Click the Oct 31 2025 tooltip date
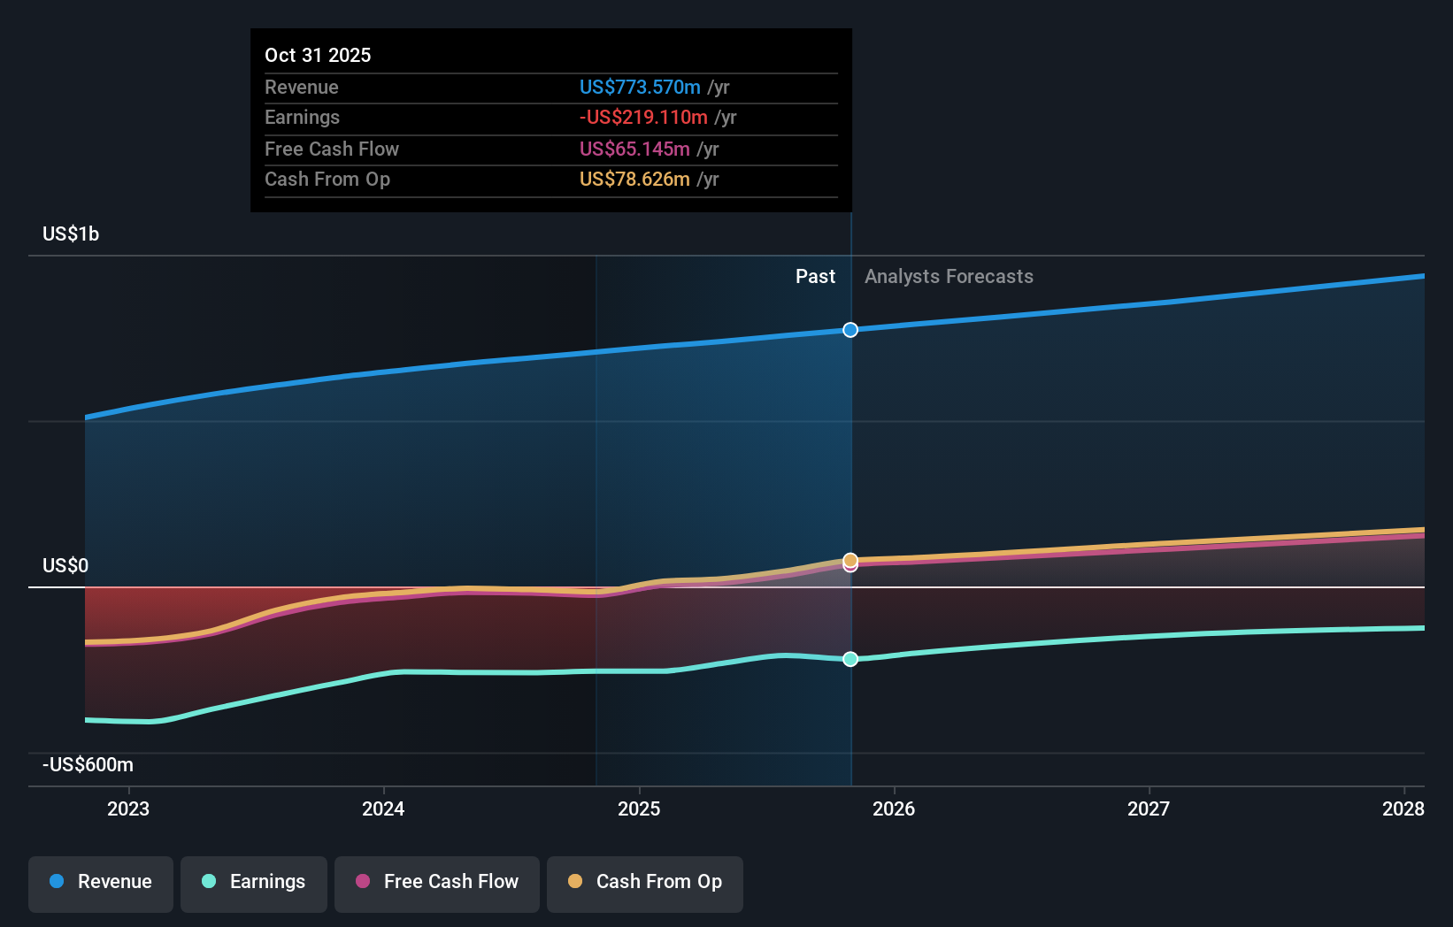318,55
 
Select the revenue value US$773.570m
639,87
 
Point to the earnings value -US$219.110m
643,117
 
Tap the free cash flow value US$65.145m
634,149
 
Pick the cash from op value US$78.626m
634,179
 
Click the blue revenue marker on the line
850,330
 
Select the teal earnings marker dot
850,659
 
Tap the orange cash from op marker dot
850,559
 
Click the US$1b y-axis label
71,234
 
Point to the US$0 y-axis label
65,565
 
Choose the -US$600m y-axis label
88,764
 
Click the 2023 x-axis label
128,808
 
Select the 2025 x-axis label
639,808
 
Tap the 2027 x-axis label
1149,808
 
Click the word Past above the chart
815,276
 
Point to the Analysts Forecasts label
949,276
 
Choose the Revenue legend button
101,882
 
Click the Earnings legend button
254,882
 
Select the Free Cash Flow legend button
437,882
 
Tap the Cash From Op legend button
645,882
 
